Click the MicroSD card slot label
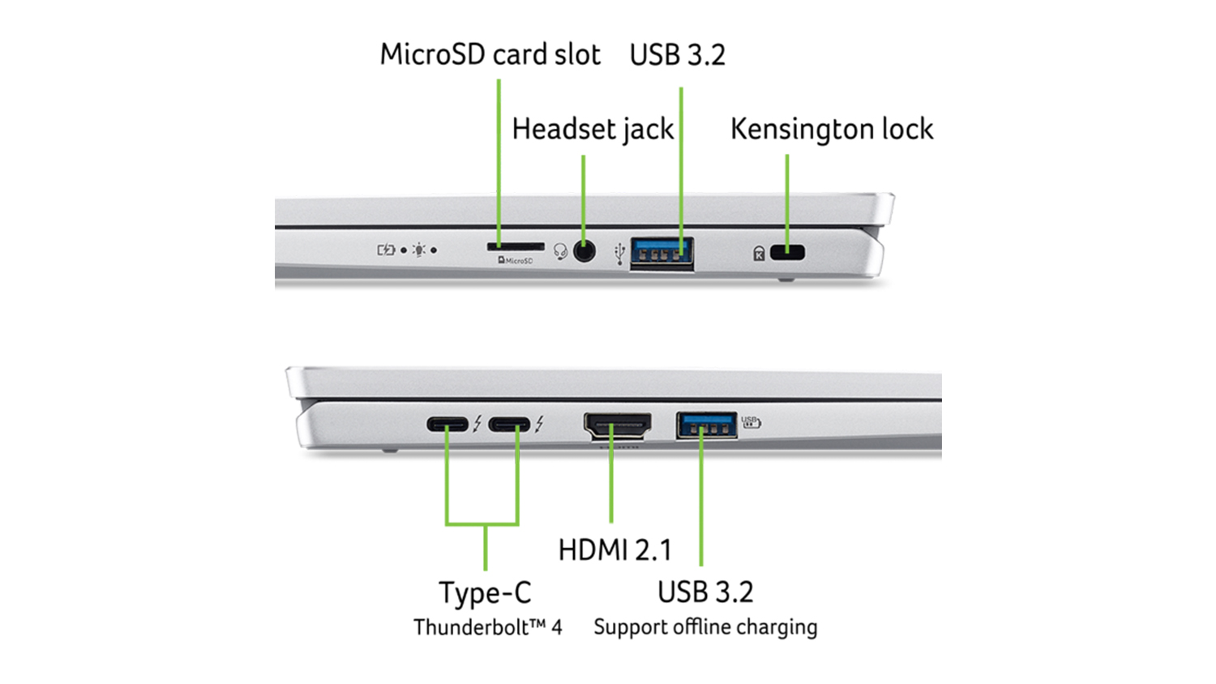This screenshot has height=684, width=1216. pos(490,55)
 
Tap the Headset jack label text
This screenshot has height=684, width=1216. pos(593,129)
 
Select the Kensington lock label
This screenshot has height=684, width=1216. pos(832,129)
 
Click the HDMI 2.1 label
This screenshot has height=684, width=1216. pos(615,550)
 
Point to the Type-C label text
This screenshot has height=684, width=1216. pos(485,593)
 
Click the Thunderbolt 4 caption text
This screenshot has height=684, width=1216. pos(487,627)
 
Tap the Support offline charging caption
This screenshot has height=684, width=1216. pos(705,627)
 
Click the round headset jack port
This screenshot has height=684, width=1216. pos(584,251)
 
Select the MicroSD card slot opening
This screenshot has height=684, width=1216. pos(515,246)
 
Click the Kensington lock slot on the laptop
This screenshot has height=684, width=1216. pos(787,253)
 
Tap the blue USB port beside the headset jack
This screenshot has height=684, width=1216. pos(662,253)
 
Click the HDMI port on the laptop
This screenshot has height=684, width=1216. pos(617,425)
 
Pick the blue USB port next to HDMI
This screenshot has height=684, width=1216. pos(706,425)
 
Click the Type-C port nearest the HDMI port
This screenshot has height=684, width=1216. pos(509,424)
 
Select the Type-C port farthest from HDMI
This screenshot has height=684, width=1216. pos(447,424)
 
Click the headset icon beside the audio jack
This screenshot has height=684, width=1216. pos(560,252)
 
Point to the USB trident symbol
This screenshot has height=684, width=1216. pos(620,253)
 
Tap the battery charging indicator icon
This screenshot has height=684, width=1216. pos(386,250)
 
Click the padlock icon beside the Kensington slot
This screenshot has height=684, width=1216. pos(759,254)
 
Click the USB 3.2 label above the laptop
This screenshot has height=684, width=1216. pos(677,55)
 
